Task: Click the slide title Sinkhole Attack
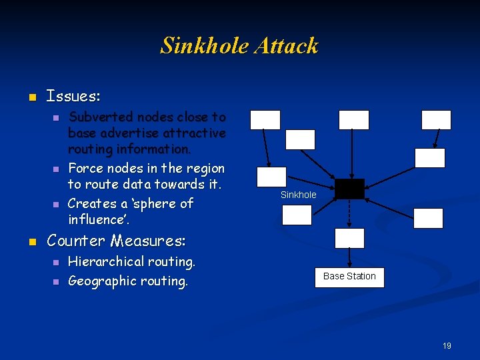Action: coord(239,46)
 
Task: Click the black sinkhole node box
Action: coord(349,189)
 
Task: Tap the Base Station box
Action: coord(349,277)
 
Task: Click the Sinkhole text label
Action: coord(298,195)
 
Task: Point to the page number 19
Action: coord(447,346)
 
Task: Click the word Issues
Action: coord(73,96)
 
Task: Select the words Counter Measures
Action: coord(116,241)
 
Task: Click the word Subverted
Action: coord(98,117)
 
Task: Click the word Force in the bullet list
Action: coord(84,168)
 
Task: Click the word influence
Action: coord(97,219)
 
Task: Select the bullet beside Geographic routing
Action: coord(56,282)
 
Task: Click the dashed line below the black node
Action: coord(349,213)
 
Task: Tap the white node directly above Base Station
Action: coord(349,238)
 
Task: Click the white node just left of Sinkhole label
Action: coord(271,177)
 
